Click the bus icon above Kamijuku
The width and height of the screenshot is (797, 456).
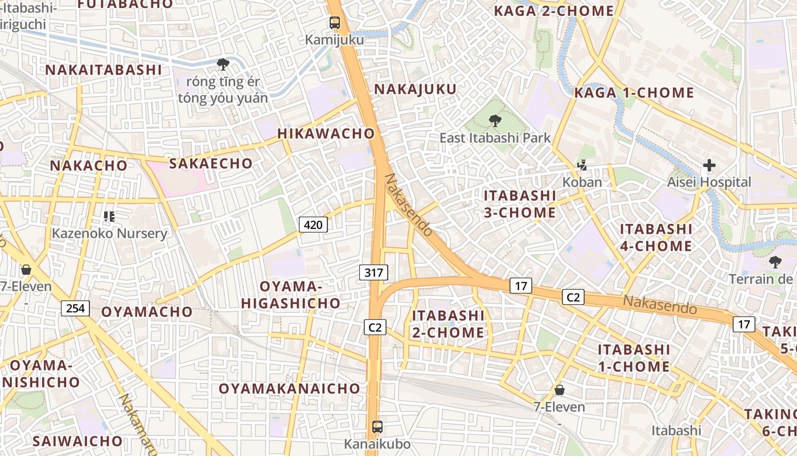pyautogui.click(x=335, y=23)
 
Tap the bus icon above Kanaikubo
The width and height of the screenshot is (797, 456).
pyautogui.click(x=377, y=426)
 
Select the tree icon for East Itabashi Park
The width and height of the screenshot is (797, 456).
pyautogui.click(x=495, y=120)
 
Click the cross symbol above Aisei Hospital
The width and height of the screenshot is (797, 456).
pyautogui.click(x=709, y=166)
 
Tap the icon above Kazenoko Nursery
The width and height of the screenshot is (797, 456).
pyautogui.click(x=109, y=217)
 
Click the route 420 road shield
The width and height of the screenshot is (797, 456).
pyautogui.click(x=313, y=225)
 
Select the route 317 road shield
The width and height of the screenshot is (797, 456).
pyautogui.click(x=373, y=272)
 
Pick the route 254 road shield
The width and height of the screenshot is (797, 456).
pyautogui.click(x=75, y=308)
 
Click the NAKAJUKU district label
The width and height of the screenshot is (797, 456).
pyautogui.click(x=415, y=89)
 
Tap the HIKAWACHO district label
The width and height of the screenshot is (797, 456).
pyautogui.click(x=326, y=133)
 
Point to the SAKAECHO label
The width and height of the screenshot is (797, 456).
pyautogui.click(x=211, y=164)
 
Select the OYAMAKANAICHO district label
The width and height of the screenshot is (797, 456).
pyautogui.click(x=290, y=389)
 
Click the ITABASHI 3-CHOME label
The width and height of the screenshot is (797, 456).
pyautogui.click(x=520, y=204)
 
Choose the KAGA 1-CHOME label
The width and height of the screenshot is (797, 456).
pyautogui.click(x=634, y=92)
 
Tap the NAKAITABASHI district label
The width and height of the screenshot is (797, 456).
pyautogui.click(x=104, y=70)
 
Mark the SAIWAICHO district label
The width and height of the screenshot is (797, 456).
pyautogui.click(x=77, y=441)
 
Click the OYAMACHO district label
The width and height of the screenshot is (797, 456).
pyautogui.click(x=147, y=312)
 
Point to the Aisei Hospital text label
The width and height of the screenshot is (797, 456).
pyautogui.click(x=709, y=182)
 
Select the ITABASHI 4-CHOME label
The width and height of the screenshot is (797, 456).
pyautogui.click(x=656, y=238)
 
